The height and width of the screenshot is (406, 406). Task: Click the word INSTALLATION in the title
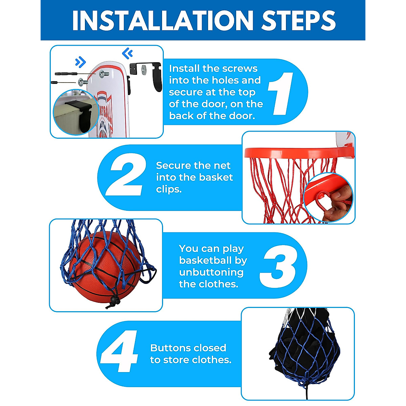(x=163, y=20)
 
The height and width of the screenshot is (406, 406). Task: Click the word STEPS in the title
(x=298, y=20)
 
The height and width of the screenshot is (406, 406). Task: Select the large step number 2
(x=126, y=175)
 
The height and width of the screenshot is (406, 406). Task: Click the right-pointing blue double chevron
(x=81, y=62)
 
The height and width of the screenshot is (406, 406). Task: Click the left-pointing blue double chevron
(x=128, y=53)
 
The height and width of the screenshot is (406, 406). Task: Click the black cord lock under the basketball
(x=114, y=300)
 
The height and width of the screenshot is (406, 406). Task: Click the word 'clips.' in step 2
(x=169, y=189)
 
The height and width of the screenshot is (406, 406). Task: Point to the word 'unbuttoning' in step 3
(x=211, y=272)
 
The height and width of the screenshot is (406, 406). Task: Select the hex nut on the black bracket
(x=144, y=68)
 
